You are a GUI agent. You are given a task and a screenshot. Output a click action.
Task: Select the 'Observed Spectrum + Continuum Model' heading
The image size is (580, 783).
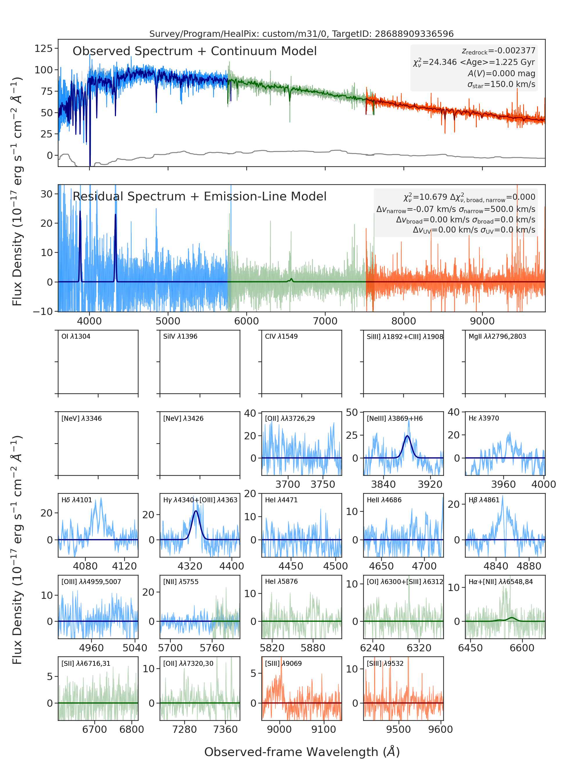[x=195, y=51]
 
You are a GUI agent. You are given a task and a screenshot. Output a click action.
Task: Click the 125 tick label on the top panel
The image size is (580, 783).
[x=43, y=48]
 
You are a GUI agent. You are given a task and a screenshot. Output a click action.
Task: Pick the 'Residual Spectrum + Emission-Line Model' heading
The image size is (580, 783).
[x=200, y=196]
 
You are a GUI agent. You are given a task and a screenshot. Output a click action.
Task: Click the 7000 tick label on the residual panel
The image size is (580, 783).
[x=325, y=321]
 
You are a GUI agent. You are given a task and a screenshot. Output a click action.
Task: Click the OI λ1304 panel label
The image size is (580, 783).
[x=76, y=336]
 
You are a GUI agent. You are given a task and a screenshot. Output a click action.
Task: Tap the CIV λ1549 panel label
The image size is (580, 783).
[x=281, y=336]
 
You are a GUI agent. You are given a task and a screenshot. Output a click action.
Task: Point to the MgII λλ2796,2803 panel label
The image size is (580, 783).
[x=497, y=336]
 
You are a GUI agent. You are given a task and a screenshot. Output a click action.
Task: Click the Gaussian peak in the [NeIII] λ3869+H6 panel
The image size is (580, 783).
[x=407, y=436]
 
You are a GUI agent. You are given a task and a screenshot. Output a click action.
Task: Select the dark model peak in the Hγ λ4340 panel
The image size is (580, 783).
[x=196, y=511]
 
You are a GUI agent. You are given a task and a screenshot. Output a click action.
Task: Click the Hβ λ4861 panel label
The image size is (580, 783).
[x=484, y=500]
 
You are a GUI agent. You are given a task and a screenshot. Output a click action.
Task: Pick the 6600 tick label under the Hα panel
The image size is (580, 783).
[x=522, y=648]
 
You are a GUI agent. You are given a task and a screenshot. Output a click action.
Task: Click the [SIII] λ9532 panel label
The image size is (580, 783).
[x=385, y=664]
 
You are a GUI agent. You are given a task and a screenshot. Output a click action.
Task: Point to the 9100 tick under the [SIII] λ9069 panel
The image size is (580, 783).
[x=324, y=729]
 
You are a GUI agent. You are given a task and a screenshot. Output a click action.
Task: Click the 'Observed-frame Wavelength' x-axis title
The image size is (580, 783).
[x=302, y=752]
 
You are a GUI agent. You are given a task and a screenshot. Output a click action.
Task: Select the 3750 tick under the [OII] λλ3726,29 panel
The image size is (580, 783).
[x=323, y=485]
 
